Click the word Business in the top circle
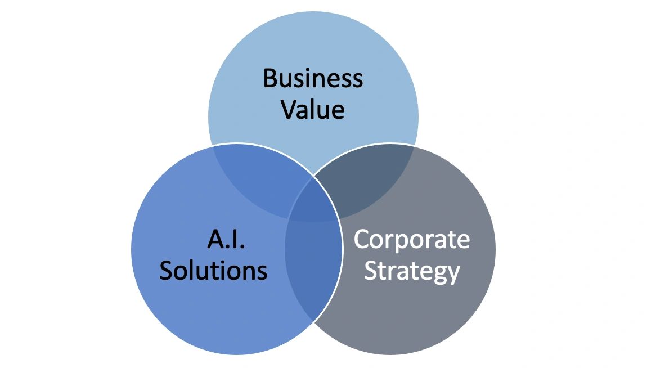(313, 78)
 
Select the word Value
(313, 109)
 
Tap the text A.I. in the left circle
(226, 240)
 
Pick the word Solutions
(213, 271)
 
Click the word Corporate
(411, 240)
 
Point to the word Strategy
(412, 271)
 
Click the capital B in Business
(270, 78)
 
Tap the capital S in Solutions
(167, 271)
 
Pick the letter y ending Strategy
(453, 274)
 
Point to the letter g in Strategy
(439, 274)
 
